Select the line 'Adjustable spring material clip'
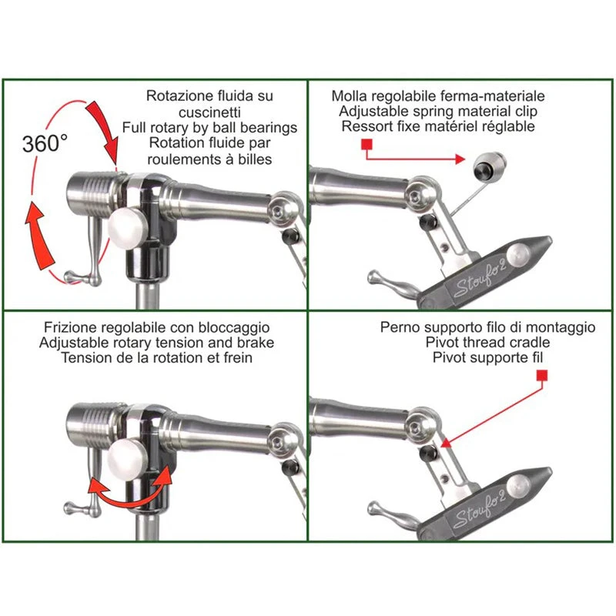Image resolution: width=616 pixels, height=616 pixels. (438, 112)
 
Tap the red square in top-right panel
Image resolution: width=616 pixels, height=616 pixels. (367, 145)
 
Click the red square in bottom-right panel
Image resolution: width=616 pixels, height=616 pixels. (541, 375)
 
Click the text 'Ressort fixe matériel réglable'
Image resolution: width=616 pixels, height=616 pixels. (438, 127)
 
